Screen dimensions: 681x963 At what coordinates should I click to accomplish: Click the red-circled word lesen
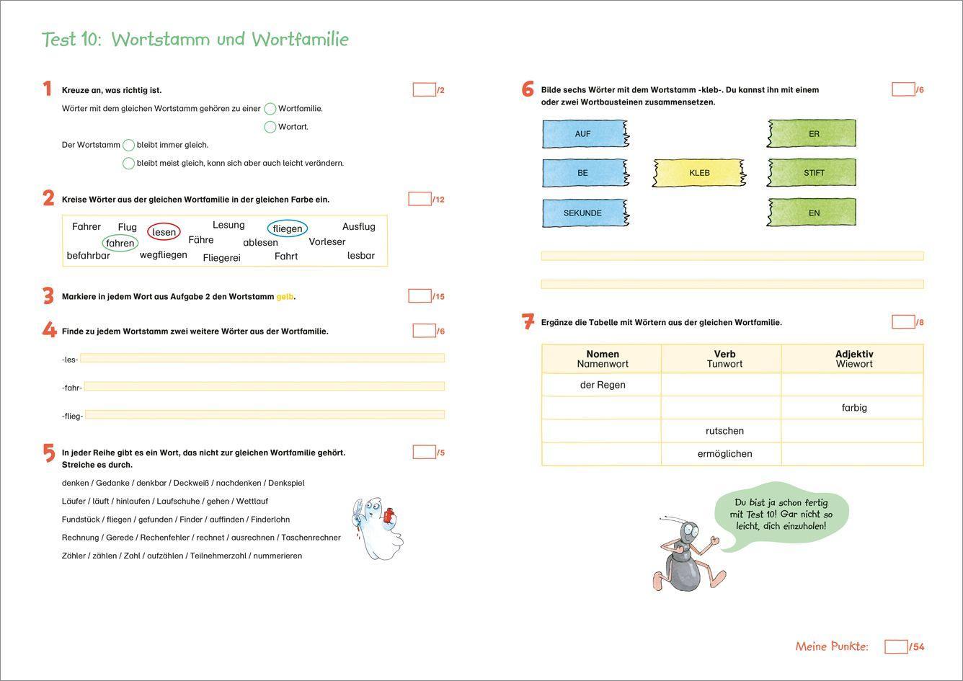(x=164, y=232)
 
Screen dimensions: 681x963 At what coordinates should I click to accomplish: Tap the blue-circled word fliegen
(x=287, y=228)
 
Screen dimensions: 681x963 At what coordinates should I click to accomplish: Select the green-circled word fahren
(x=120, y=243)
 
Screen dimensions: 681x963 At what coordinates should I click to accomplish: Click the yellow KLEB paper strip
(x=699, y=173)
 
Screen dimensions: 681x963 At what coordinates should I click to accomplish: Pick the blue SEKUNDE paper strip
(x=584, y=213)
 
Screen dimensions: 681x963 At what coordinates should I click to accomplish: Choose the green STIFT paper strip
(x=812, y=173)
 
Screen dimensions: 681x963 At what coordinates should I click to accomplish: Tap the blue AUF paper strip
(x=584, y=134)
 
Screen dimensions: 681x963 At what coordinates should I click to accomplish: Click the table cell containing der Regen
(x=602, y=385)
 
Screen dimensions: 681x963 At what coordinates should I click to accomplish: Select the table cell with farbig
(x=853, y=408)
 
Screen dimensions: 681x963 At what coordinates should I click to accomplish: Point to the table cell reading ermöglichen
(x=724, y=454)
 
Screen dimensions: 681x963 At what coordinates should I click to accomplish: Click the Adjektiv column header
(x=853, y=358)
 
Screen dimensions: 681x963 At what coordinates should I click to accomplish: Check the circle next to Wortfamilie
(x=270, y=109)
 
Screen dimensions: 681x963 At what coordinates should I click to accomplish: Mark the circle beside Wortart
(x=270, y=127)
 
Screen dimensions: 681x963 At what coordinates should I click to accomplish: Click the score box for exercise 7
(x=902, y=322)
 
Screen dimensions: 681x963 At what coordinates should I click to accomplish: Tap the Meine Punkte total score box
(x=895, y=646)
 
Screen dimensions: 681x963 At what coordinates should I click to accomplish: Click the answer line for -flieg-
(x=265, y=415)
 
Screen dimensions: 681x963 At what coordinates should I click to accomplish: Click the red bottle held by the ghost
(x=389, y=515)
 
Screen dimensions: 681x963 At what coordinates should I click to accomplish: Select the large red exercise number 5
(x=48, y=453)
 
